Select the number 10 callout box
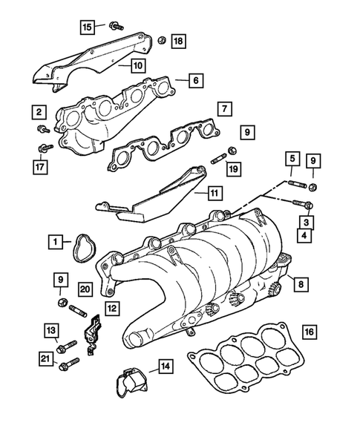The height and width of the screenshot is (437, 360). [x=139, y=65]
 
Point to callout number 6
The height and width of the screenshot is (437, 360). [x=194, y=80]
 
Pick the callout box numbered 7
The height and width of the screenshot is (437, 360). [x=223, y=109]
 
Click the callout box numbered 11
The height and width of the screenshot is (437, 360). [x=214, y=194]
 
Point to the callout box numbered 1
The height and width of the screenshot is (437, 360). [x=56, y=241]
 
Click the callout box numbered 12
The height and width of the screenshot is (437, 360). [x=111, y=307]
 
